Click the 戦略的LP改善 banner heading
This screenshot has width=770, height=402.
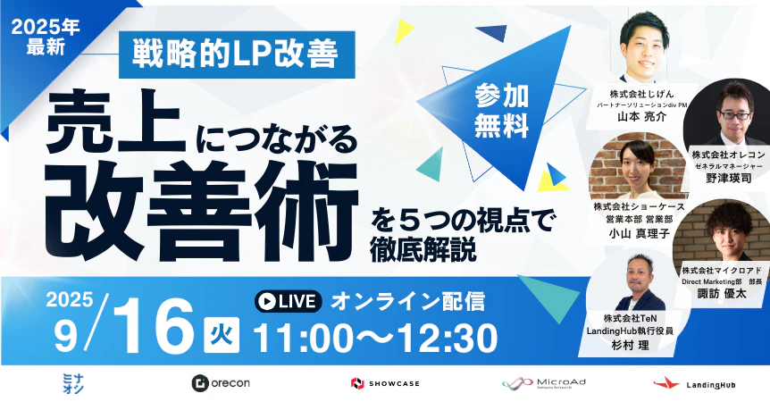point(236,55)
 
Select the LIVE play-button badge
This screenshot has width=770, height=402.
point(287,301)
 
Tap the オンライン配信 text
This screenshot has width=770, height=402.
point(407,301)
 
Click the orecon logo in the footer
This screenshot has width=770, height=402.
point(220,382)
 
